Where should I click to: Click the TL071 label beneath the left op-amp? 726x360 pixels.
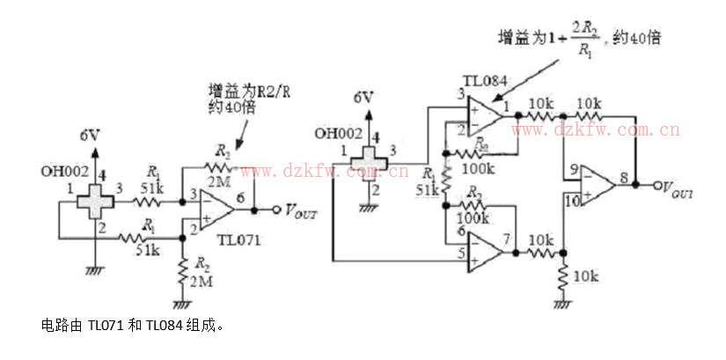click(238, 239)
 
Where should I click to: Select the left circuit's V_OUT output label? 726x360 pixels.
click(295, 211)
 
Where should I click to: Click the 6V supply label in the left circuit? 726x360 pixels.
click(89, 136)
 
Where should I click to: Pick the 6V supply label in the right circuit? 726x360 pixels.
click(363, 97)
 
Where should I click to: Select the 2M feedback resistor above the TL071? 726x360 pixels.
click(218, 166)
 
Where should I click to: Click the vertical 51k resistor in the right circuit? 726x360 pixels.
click(446, 180)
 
